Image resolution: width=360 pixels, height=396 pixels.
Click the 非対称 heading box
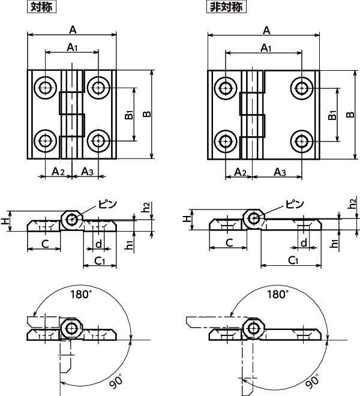pyautogui.click(x=227, y=7)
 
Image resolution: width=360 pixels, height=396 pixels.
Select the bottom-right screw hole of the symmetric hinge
pyautogui.click(x=97, y=142)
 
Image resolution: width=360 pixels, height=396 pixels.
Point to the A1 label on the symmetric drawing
pyautogui.click(x=71, y=47)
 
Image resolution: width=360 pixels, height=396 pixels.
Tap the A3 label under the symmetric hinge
pyautogui.click(x=88, y=172)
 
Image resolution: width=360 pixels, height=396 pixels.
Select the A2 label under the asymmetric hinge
pyautogui.click(x=239, y=172)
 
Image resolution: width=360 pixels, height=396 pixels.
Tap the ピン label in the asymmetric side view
pyautogui.click(x=293, y=204)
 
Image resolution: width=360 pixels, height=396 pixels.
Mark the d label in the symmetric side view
pyautogui.click(x=98, y=243)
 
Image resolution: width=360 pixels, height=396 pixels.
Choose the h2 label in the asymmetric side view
pyautogui.click(x=353, y=205)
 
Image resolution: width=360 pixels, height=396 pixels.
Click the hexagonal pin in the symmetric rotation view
pyautogui.click(x=73, y=329)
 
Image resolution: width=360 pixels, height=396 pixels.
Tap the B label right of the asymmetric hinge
pyautogui.click(x=350, y=114)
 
